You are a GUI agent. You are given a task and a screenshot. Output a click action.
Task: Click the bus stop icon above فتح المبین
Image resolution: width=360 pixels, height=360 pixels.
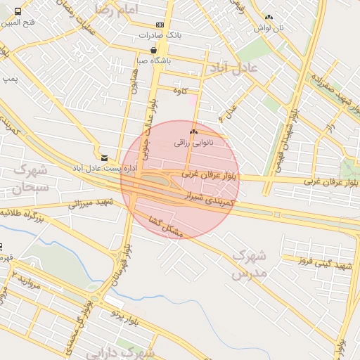18,11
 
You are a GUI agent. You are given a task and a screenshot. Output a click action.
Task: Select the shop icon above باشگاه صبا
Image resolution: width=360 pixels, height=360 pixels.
153,50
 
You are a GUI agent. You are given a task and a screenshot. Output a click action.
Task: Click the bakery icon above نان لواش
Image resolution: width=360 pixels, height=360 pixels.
268,17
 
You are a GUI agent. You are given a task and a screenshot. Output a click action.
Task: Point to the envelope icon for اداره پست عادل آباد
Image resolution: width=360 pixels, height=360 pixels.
104,157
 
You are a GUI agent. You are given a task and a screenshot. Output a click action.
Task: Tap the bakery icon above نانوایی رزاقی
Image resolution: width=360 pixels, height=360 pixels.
193,131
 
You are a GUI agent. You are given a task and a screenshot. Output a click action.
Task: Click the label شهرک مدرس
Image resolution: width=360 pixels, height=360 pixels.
250,264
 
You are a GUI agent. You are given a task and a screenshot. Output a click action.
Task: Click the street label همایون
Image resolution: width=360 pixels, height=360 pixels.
132,83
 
